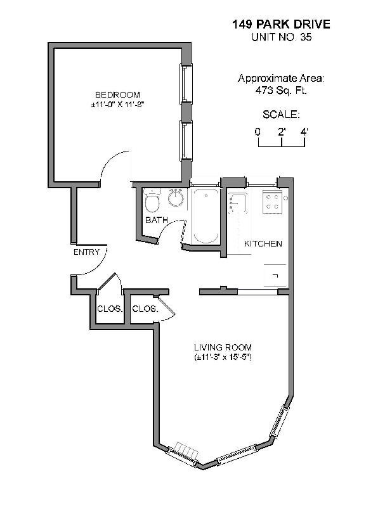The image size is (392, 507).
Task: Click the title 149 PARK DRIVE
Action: [281, 25]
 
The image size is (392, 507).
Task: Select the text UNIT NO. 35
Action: [281, 37]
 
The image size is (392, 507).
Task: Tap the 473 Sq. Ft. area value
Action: [281, 91]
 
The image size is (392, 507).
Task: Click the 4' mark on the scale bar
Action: [304, 132]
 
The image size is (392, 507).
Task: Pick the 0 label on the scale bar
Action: [258, 132]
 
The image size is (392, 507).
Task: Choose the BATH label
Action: [156, 221]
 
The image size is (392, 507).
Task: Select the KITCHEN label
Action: [263, 244]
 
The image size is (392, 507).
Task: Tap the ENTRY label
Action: [86, 252]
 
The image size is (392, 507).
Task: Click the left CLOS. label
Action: [109, 309]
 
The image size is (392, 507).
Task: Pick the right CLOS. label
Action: [144, 309]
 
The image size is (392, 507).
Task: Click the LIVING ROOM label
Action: [223, 347]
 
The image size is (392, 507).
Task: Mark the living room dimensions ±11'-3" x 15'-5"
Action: [223, 357]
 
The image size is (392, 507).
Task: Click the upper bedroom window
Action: [185, 83]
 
